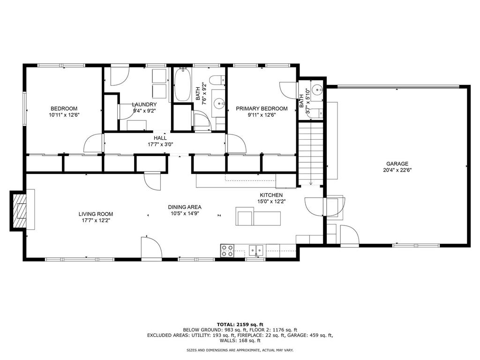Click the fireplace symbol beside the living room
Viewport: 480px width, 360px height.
20,211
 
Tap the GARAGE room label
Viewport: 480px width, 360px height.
397,164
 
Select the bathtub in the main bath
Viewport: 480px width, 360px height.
183,85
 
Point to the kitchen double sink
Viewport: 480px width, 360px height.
256,250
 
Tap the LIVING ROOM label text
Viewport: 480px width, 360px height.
96,214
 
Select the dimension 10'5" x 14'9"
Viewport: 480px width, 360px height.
185,213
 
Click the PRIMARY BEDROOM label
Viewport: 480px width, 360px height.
262,109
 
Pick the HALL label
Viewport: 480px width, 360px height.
160,138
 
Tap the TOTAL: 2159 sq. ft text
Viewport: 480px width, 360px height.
240,324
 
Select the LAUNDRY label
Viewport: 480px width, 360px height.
144,105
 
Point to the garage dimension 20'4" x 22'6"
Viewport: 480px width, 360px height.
397,170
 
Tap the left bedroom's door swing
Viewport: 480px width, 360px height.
94,143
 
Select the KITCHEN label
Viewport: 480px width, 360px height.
271,195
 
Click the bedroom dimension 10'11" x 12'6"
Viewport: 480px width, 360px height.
64,115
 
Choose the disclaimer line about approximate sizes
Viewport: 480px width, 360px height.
240,350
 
